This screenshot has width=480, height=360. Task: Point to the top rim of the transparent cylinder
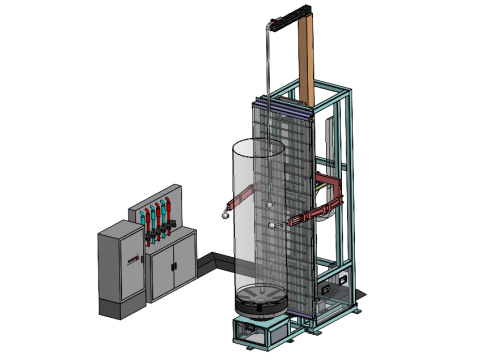[255, 143]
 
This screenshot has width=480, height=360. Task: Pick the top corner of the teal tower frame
[350, 91]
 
